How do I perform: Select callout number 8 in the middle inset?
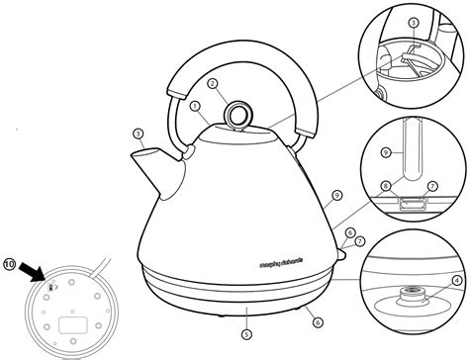pos(384,185)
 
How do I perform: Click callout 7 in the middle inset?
pos(431,185)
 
